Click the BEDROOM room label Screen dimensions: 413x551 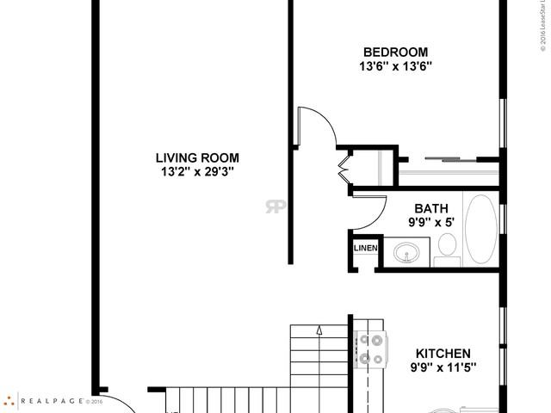397,51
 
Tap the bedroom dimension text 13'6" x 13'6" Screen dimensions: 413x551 397,65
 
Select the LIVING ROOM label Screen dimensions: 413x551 197,157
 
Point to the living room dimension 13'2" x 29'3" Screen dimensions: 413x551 197,171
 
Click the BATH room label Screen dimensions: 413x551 431,208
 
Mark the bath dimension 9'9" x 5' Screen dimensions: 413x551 431,222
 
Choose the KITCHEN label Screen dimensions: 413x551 443,354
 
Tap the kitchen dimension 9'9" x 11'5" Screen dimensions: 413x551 443,367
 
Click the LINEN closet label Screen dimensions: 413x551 365,249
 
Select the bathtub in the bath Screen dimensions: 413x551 480,228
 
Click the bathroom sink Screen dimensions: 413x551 407,253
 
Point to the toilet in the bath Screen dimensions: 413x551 447,245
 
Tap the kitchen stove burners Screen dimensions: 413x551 370,348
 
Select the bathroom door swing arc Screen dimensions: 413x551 370,212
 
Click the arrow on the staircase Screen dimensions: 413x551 319,330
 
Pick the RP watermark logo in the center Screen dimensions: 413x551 276,206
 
